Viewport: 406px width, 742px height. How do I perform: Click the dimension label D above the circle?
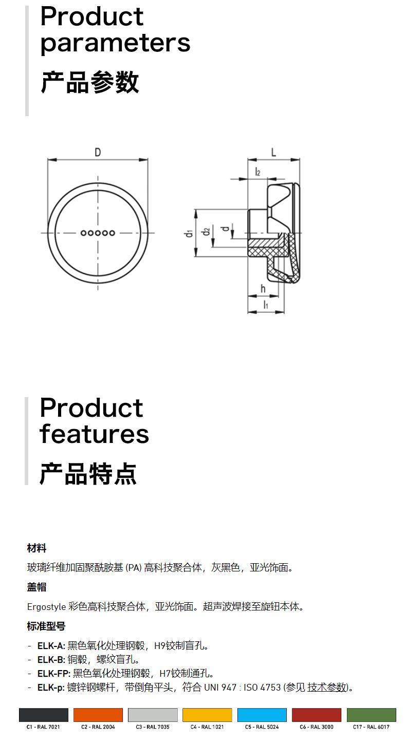point(98,152)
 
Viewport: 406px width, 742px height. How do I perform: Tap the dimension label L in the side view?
point(273,152)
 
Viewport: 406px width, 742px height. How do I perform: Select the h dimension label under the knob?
point(263,289)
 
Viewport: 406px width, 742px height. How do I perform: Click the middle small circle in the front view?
point(98,233)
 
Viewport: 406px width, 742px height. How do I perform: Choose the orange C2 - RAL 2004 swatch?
point(98,715)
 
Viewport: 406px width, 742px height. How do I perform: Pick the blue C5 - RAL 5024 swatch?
point(262,715)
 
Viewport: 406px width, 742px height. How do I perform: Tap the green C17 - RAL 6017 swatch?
point(371,715)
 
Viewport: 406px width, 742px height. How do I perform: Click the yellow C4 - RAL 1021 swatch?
point(207,715)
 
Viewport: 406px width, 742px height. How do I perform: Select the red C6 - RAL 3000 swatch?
point(317,715)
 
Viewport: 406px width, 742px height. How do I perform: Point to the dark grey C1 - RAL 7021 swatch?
point(44,715)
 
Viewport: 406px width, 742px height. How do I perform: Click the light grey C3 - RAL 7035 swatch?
point(153,715)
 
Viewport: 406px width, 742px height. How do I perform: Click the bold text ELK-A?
point(51,646)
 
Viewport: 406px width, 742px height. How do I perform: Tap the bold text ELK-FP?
point(53,673)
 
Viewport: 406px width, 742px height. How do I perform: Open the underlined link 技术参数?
point(327,687)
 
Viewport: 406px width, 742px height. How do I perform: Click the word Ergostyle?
point(46,607)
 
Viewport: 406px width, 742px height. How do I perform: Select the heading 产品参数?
point(90,82)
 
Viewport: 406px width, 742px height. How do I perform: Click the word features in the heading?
point(95,434)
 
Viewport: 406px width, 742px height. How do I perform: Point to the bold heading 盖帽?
point(36,587)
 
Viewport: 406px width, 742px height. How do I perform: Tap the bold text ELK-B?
point(51,659)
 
